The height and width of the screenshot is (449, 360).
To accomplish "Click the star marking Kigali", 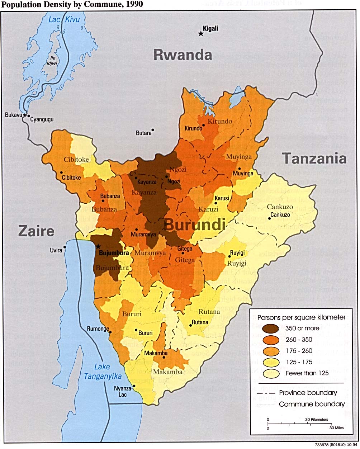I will pos(201,34).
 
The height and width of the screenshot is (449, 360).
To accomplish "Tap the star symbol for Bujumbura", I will pos(98,246).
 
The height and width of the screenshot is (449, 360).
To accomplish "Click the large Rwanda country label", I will pos(183,55).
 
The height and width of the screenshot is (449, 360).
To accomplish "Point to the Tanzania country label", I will pos(314,158).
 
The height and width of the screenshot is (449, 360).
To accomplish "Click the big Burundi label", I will pos(195,225).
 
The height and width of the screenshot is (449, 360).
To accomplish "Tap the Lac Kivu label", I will pos(64,19).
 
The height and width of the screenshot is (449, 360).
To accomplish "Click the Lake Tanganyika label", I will pos(103,372).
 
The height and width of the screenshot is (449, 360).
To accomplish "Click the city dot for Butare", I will pos(153,130).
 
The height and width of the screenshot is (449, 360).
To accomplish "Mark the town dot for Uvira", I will pos(65,247).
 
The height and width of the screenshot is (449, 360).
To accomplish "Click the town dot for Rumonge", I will pos(110,332).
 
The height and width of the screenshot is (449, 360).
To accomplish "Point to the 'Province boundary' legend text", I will pos(308,393).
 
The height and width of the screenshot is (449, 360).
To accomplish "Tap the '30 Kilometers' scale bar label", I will pos(317,419).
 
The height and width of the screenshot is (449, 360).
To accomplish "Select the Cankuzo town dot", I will pos(269,218).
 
